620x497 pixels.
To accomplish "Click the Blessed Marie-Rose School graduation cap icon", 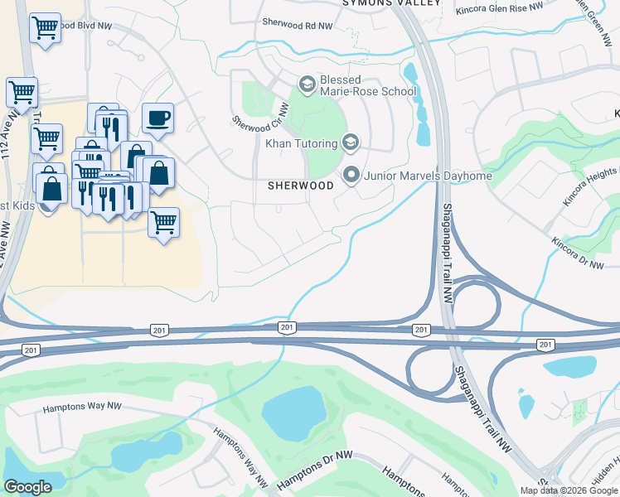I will tap(307, 84).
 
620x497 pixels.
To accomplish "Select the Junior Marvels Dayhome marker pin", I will tap(351, 176).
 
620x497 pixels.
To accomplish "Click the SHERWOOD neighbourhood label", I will tap(300, 186).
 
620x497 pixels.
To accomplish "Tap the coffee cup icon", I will tap(157, 118).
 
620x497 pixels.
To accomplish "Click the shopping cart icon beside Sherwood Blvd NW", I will tap(45, 28).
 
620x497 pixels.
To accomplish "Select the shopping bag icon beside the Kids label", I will tap(51, 187).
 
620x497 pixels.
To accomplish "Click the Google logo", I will tap(27, 487).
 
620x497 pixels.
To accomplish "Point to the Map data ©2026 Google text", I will tap(568, 490).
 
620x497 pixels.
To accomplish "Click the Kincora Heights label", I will tap(591, 189).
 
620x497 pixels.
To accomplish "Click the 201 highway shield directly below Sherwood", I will tap(286, 328).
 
